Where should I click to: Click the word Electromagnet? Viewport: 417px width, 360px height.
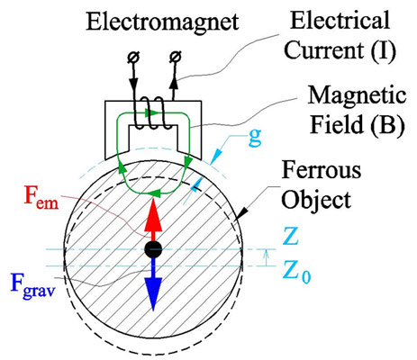tap(162, 22)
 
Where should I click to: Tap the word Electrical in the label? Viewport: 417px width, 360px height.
tap(340, 20)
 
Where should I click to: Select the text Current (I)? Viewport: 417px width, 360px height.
tap(340, 51)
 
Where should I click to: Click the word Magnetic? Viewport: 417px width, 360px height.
tap(358, 95)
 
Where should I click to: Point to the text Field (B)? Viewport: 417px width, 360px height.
tap(357, 125)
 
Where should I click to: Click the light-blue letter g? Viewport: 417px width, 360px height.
tap(255, 138)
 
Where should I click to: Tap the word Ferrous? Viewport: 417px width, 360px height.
tap(322, 170)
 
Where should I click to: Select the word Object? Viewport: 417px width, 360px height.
tap(316, 200)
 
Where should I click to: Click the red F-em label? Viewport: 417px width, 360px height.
tap(41, 198)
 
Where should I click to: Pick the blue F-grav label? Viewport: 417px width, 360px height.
tap(33, 284)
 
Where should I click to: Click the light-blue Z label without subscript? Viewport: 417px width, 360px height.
tap(290, 237)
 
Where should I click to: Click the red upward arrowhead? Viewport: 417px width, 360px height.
tap(153, 215)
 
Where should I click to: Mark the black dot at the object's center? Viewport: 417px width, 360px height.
tap(153, 249)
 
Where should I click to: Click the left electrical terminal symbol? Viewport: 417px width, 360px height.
tap(132, 57)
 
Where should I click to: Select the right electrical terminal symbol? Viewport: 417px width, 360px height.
tap(175, 57)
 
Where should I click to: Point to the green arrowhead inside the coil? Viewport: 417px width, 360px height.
tap(151, 113)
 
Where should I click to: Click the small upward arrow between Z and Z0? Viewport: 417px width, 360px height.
tap(266, 258)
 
